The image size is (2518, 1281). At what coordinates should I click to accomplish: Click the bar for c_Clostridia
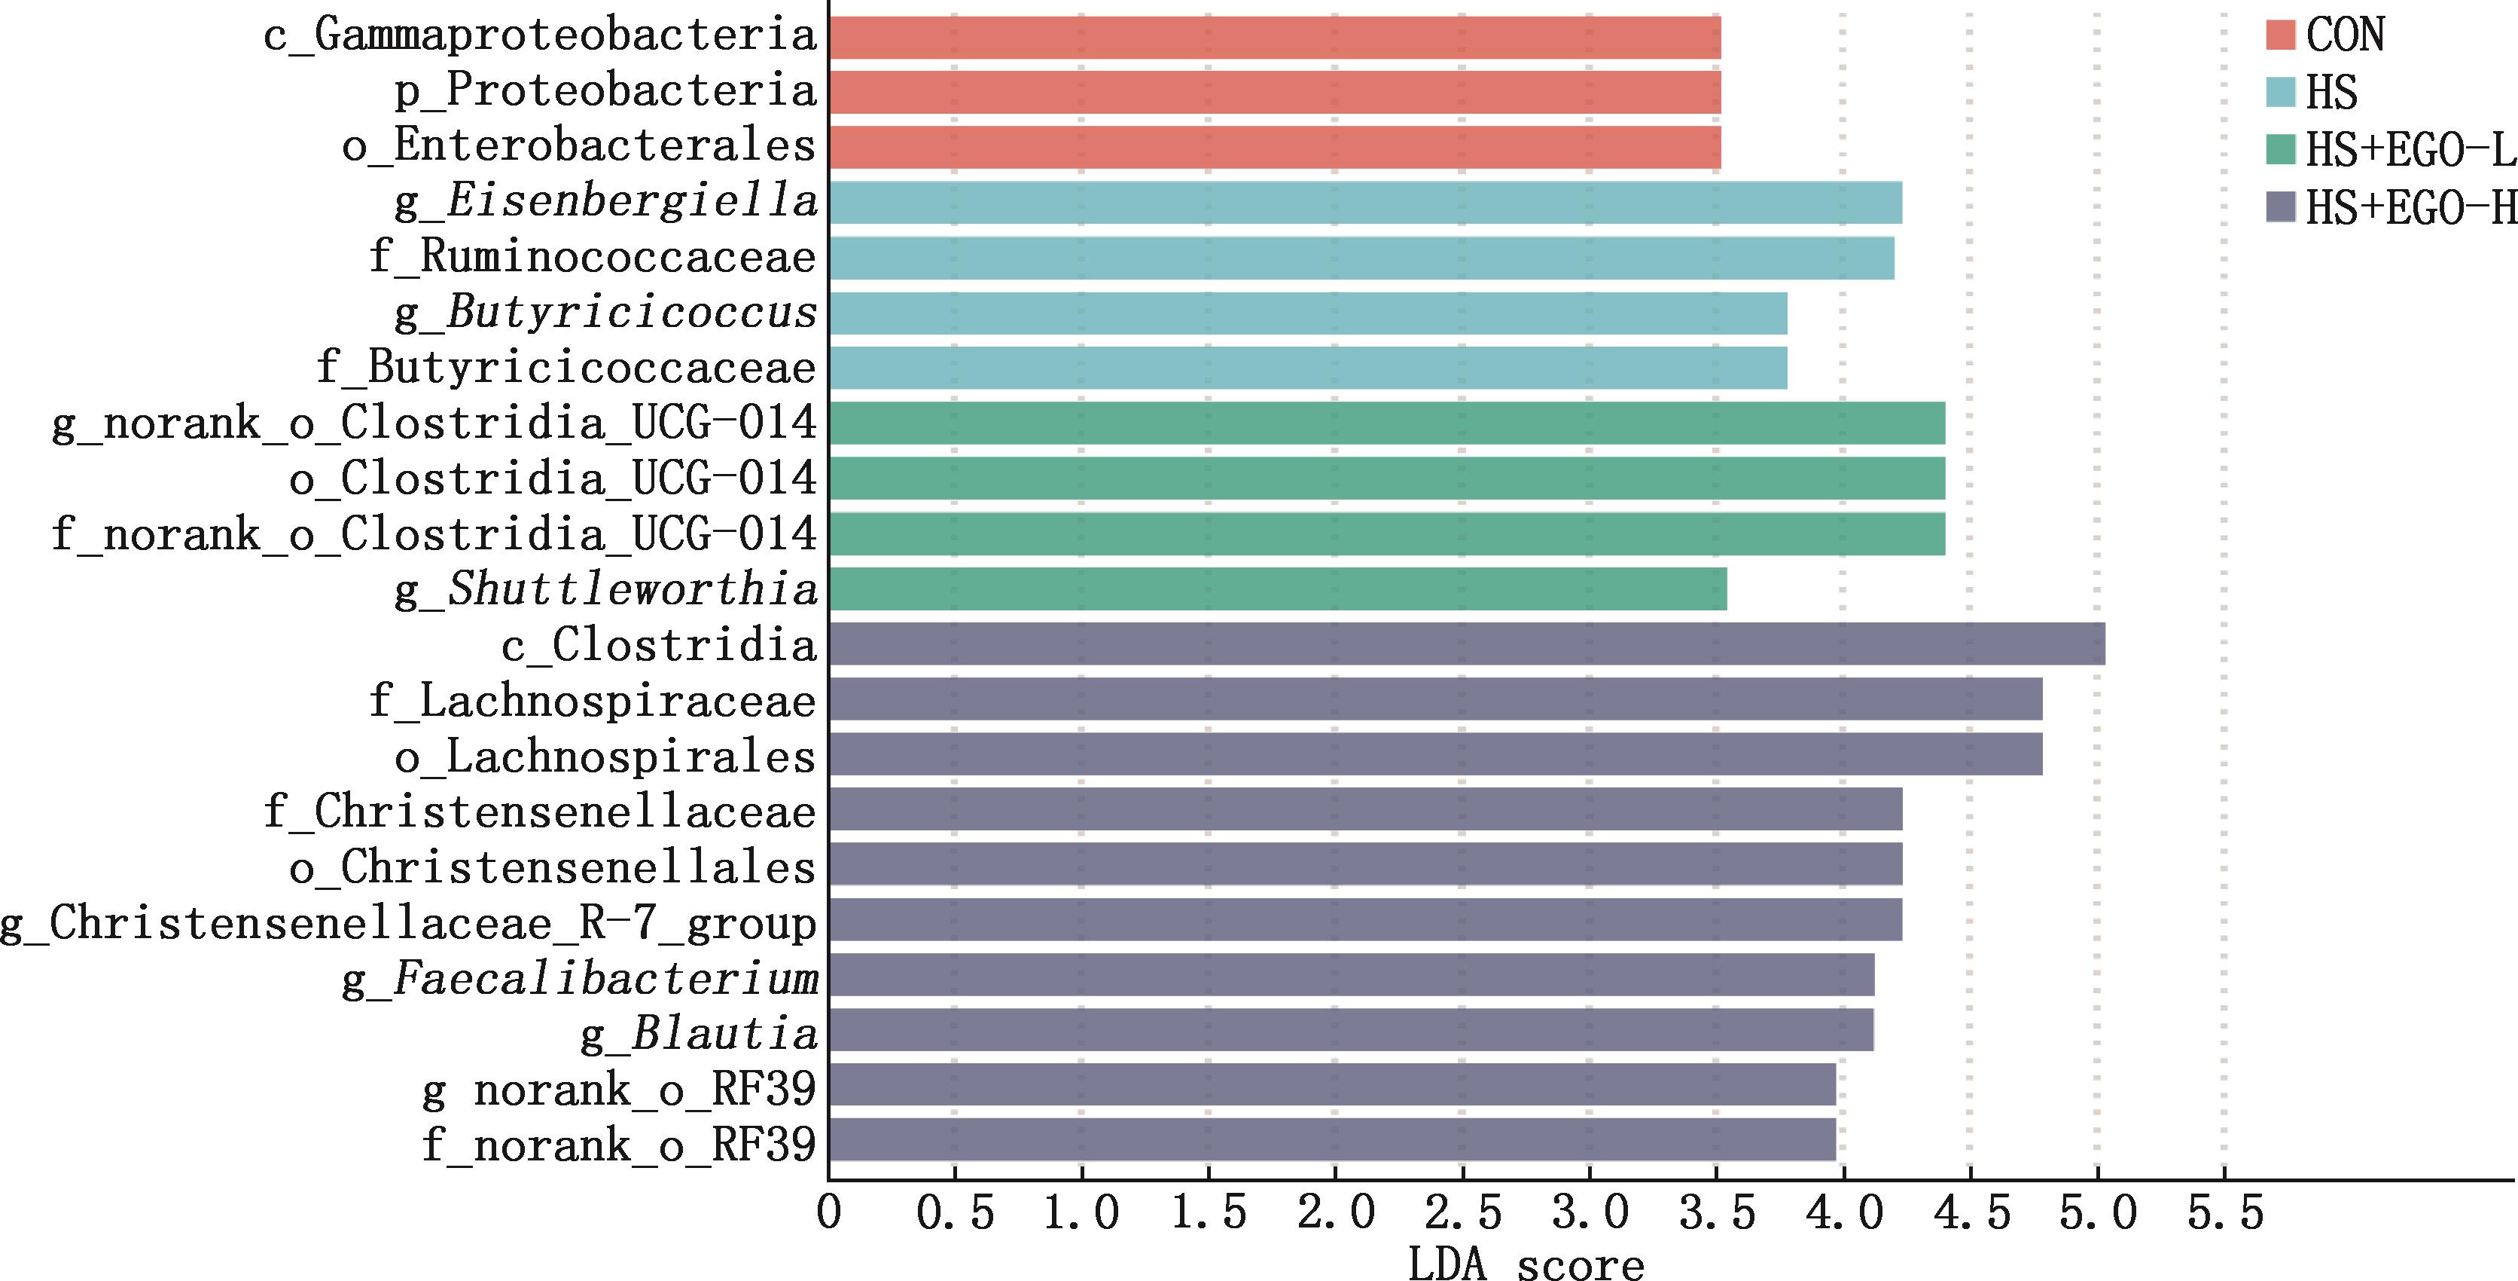point(1466,644)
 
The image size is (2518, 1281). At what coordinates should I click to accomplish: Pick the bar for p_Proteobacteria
point(1273,92)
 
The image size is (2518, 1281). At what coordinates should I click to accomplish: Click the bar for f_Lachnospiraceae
point(1435,699)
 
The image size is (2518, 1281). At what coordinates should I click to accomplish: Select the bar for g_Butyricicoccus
point(1307,313)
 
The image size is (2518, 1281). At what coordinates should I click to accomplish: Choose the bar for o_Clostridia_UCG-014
point(1386,478)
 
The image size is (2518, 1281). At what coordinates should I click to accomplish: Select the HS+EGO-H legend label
point(2410,207)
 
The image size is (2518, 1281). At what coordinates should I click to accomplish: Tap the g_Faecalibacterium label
point(580,978)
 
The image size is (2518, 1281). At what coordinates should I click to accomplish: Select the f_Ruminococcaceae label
point(593,257)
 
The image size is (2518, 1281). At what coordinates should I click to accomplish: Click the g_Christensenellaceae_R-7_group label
point(409,923)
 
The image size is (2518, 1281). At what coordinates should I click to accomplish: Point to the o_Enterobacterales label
point(578,147)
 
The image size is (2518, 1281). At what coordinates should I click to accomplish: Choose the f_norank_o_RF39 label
point(619,1144)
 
